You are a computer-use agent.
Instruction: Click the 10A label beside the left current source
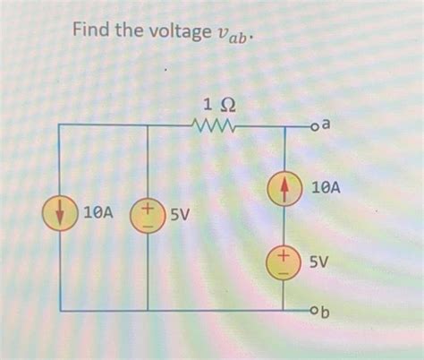click(96, 215)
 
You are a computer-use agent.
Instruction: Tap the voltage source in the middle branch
click(147, 216)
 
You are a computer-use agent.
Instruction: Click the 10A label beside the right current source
click(325, 189)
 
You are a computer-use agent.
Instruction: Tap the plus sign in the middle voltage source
click(148, 208)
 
